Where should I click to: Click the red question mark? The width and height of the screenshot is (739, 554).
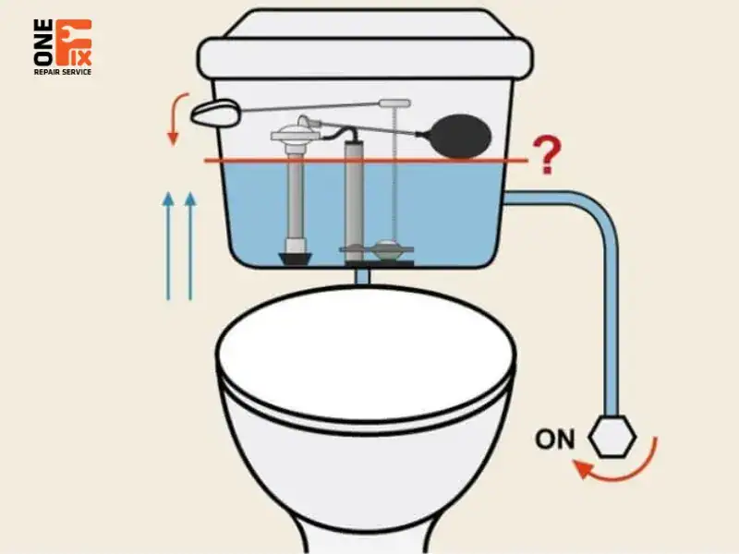[547, 155]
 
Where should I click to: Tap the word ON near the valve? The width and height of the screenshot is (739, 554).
[555, 440]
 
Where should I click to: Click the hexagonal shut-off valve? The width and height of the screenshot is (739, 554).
[612, 436]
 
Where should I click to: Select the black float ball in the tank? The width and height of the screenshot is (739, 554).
[462, 136]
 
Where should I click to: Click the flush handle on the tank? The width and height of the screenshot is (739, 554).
[215, 113]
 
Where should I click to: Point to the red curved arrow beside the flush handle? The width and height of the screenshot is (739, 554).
[176, 118]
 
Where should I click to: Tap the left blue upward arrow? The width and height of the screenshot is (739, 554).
[168, 246]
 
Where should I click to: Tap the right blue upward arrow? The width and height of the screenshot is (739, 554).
[190, 246]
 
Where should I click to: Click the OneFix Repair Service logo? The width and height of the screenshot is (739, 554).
[63, 47]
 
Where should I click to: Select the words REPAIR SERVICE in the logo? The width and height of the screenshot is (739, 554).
[63, 72]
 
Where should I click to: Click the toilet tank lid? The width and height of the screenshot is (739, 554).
[365, 44]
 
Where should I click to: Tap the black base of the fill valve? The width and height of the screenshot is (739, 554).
[296, 259]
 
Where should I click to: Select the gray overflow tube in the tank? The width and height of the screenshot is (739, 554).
[354, 200]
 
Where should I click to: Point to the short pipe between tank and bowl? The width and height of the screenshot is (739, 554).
[362, 276]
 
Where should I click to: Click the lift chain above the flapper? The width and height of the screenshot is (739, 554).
[395, 175]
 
